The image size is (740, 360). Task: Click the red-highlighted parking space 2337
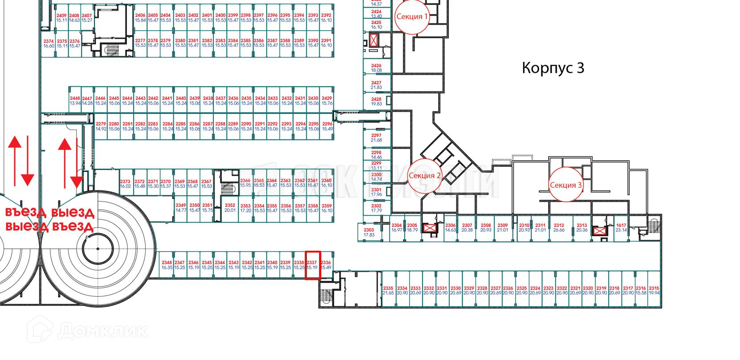pos(313,266)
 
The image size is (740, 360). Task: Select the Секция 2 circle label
pos(424,175)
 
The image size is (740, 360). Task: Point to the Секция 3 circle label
pos(565,185)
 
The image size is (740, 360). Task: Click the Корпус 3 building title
pos(553,68)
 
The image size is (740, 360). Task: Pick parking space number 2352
pos(230,208)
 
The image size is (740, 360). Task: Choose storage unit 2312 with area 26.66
pos(559,228)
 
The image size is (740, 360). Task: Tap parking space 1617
pos(621,228)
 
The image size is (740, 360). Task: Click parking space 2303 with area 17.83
pos(369,232)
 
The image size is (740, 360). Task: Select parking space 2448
pos(75,101)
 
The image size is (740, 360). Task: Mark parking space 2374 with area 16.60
pos(49,43)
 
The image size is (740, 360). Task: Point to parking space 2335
pos(388,291)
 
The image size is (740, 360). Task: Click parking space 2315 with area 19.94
pos(654,291)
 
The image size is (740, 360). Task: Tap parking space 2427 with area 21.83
pos(376,85)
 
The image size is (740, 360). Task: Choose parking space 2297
pos(376,138)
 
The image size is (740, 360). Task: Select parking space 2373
pos(125,184)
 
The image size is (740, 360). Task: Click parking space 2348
pos(167,265)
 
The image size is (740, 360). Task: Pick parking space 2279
pos(101,126)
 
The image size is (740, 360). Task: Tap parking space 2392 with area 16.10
pos(326,18)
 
